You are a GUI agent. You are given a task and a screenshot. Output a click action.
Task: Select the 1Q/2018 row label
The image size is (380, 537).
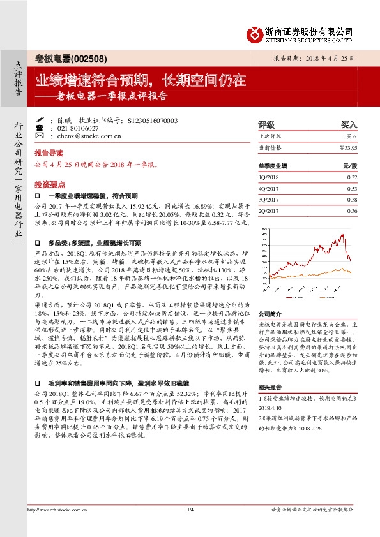pos(269,177)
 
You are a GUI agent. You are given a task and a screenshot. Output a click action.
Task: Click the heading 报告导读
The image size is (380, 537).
pos(49,154)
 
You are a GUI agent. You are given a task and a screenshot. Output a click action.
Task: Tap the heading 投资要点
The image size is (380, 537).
pos(49,183)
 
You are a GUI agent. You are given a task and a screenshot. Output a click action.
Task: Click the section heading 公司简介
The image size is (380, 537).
pos(268,314)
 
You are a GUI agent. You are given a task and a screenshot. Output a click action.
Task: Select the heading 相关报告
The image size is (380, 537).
pos(268,388)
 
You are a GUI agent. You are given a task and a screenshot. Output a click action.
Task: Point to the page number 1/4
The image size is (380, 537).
pos(190,510)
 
